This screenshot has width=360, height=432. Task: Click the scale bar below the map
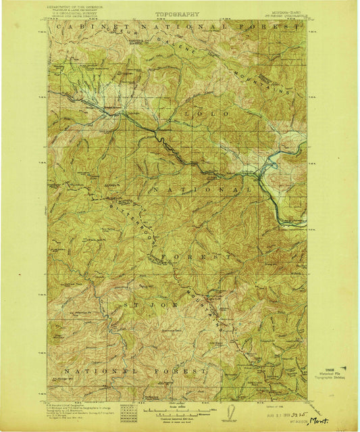[x=176, y=407]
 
